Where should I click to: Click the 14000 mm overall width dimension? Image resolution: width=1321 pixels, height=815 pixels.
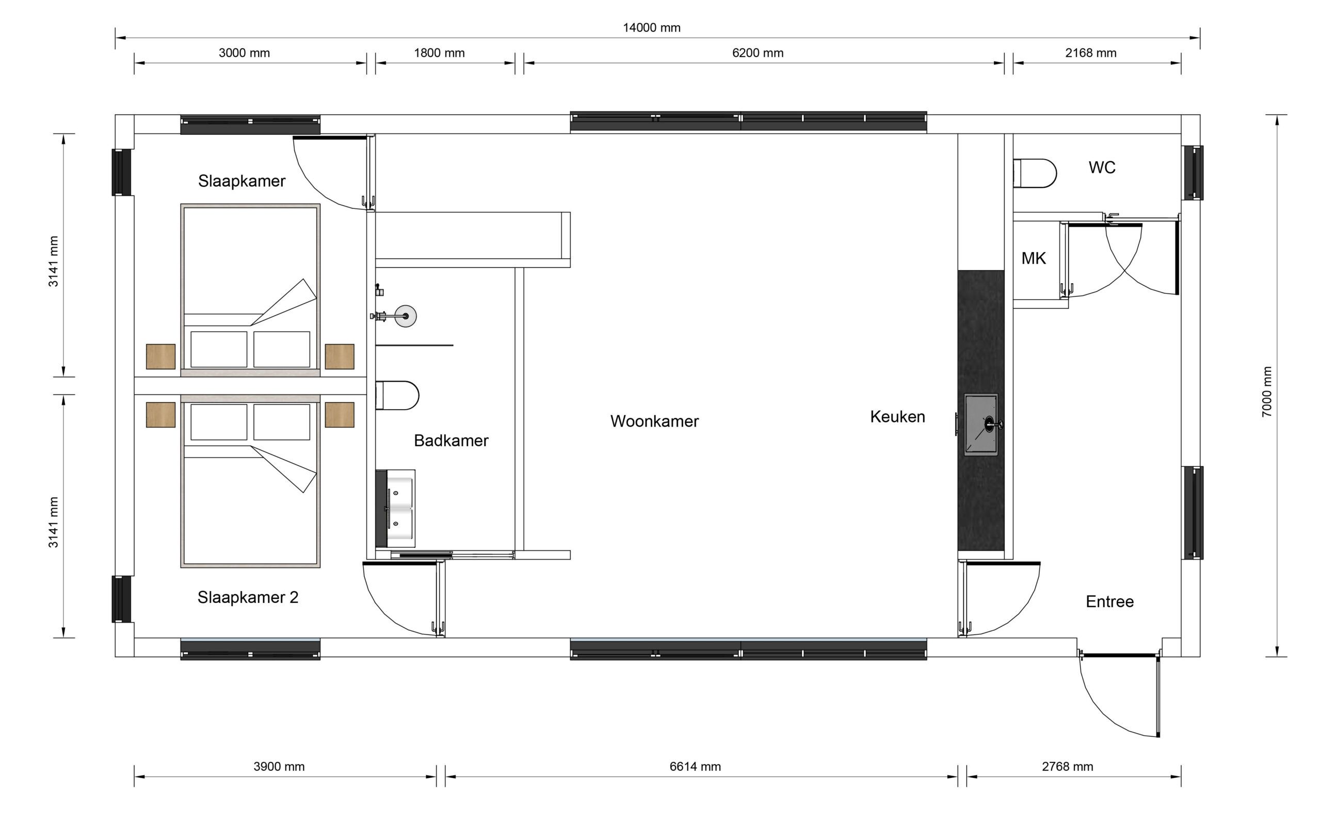[x=651, y=27]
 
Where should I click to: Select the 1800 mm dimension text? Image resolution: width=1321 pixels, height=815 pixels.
[x=439, y=53]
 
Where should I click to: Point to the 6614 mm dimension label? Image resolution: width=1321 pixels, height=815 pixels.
[x=695, y=767]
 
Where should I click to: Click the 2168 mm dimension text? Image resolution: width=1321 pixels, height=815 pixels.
[x=1090, y=53]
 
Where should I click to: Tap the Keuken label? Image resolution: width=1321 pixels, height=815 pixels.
[x=897, y=417]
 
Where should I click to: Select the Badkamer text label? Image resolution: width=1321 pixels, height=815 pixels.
[x=451, y=441]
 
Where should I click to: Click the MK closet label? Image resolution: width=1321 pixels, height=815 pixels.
[x=1033, y=258]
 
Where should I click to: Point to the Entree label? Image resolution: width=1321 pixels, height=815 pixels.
[x=1109, y=601]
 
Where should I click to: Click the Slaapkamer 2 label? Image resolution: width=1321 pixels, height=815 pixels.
[x=248, y=597]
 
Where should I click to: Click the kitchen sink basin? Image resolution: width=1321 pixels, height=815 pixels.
[x=981, y=425]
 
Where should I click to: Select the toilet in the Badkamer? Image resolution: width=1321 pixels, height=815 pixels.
[x=397, y=396]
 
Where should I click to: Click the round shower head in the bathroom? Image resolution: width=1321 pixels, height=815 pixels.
[x=405, y=316]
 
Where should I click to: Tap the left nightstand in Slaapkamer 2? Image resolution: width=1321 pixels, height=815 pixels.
[x=160, y=415]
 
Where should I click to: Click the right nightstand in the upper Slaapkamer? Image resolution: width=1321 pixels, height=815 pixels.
[x=339, y=356]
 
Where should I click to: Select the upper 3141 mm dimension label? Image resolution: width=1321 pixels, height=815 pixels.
[x=53, y=262]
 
